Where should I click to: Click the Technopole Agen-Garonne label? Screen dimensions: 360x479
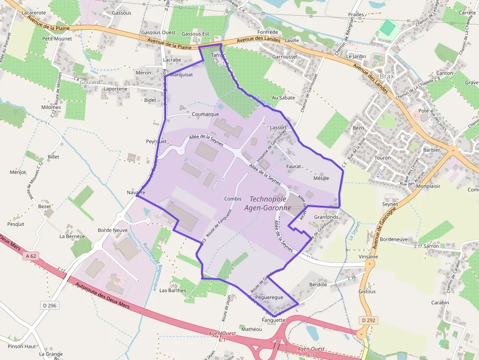point(270,203)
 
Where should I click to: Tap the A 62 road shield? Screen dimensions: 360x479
point(30,256)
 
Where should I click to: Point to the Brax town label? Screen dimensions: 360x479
point(387,76)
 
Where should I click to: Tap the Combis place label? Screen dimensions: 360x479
point(233,199)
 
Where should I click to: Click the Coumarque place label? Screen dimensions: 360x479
point(205,114)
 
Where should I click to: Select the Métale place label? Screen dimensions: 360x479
point(321,178)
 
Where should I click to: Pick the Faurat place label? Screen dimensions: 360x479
point(294,166)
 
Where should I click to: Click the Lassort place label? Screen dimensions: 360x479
point(278,127)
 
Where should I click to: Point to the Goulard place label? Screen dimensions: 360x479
point(89,83)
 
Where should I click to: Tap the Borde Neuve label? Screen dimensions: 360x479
point(112,230)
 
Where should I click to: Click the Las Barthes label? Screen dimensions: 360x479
point(173,290)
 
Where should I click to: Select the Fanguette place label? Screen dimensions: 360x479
point(273,320)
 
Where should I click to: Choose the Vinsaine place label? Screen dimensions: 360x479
point(368,256)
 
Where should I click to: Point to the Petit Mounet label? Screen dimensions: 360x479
point(57,39)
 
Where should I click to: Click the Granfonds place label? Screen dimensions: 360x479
point(326,217)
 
